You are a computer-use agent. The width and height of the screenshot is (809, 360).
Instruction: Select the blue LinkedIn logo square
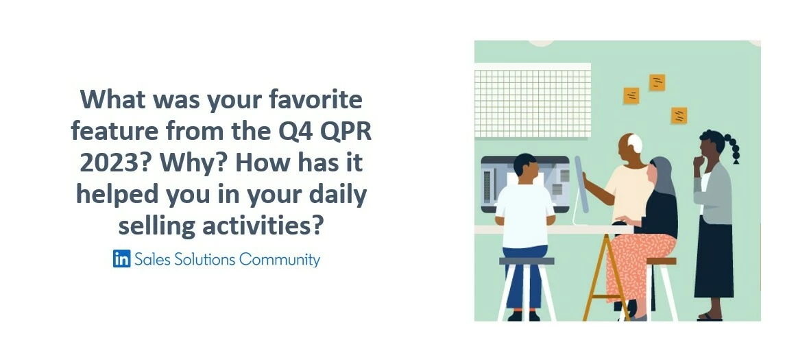121,259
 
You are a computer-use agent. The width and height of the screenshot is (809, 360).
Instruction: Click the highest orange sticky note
657,82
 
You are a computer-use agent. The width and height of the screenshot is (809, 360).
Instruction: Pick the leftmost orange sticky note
631,95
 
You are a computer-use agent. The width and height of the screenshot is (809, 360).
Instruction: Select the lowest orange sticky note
679,115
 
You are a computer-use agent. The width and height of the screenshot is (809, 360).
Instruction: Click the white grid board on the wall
533,102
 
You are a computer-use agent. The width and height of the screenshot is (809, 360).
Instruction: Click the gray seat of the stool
526,261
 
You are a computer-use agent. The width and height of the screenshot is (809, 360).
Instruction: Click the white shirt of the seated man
524,213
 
